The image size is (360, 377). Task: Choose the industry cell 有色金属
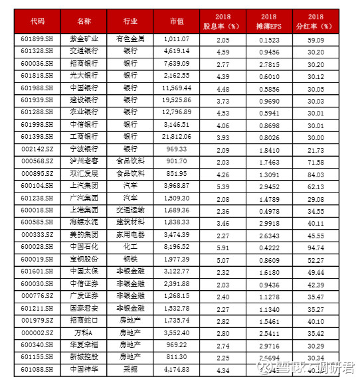tap(131, 40)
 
